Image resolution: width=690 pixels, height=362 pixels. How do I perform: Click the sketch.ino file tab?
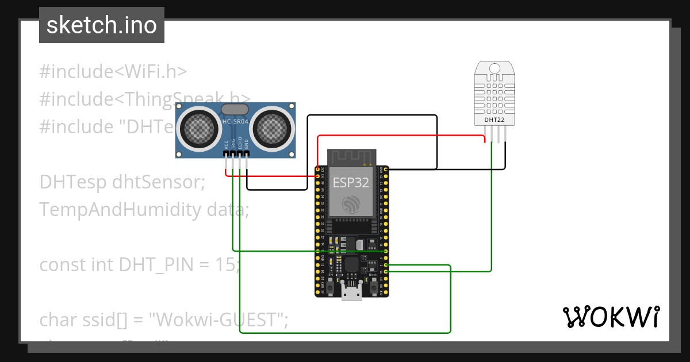[102, 25]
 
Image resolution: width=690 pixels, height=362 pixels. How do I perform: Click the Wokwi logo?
[611, 317]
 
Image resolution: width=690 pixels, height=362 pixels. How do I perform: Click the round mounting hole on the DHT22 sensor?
[494, 69]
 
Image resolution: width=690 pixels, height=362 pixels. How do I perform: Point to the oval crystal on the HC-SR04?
[235, 109]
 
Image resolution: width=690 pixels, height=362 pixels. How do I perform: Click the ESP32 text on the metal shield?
[351, 183]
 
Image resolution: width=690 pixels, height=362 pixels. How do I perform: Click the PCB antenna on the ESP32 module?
[351, 156]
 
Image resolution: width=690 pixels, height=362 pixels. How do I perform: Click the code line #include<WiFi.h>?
[113, 72]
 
